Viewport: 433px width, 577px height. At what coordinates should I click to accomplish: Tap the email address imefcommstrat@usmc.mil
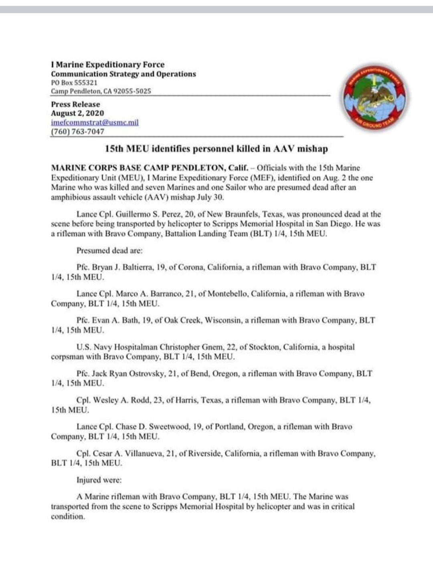click(95, 123)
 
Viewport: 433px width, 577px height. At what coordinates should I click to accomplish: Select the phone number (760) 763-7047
click(77, 131)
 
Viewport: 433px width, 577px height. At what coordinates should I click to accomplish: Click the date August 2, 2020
click(77, 113)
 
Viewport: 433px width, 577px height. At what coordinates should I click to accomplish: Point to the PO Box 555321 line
click(74, 83)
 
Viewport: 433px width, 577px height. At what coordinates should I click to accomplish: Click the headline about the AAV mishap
click(216, 149)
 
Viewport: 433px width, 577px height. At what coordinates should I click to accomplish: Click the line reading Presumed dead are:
click(109, 251)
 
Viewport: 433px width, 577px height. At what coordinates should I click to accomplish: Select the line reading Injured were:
click(99, 480)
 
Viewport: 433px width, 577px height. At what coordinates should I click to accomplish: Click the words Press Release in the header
click(75, 104)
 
